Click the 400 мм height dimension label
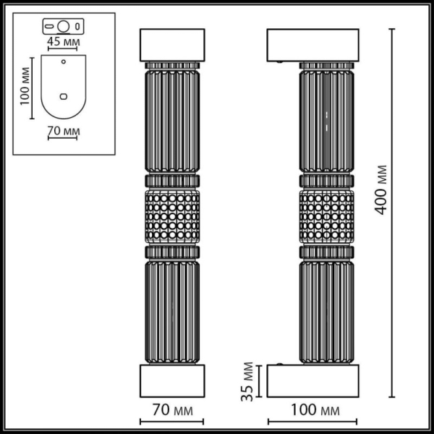coord(382,190)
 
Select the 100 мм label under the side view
coord(312,411)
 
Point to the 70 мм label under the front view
coord(172,411)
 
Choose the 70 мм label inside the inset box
coord(63,131)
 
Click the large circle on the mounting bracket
coord(63,27)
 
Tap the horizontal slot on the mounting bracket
coord(51,27)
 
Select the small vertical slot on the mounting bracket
coord(77,27)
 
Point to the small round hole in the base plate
coord(63,62)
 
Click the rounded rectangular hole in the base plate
coord(63,95)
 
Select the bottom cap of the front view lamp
coord(172,380)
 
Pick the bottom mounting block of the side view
coord(312,380)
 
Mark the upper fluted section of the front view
coord(172,119)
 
